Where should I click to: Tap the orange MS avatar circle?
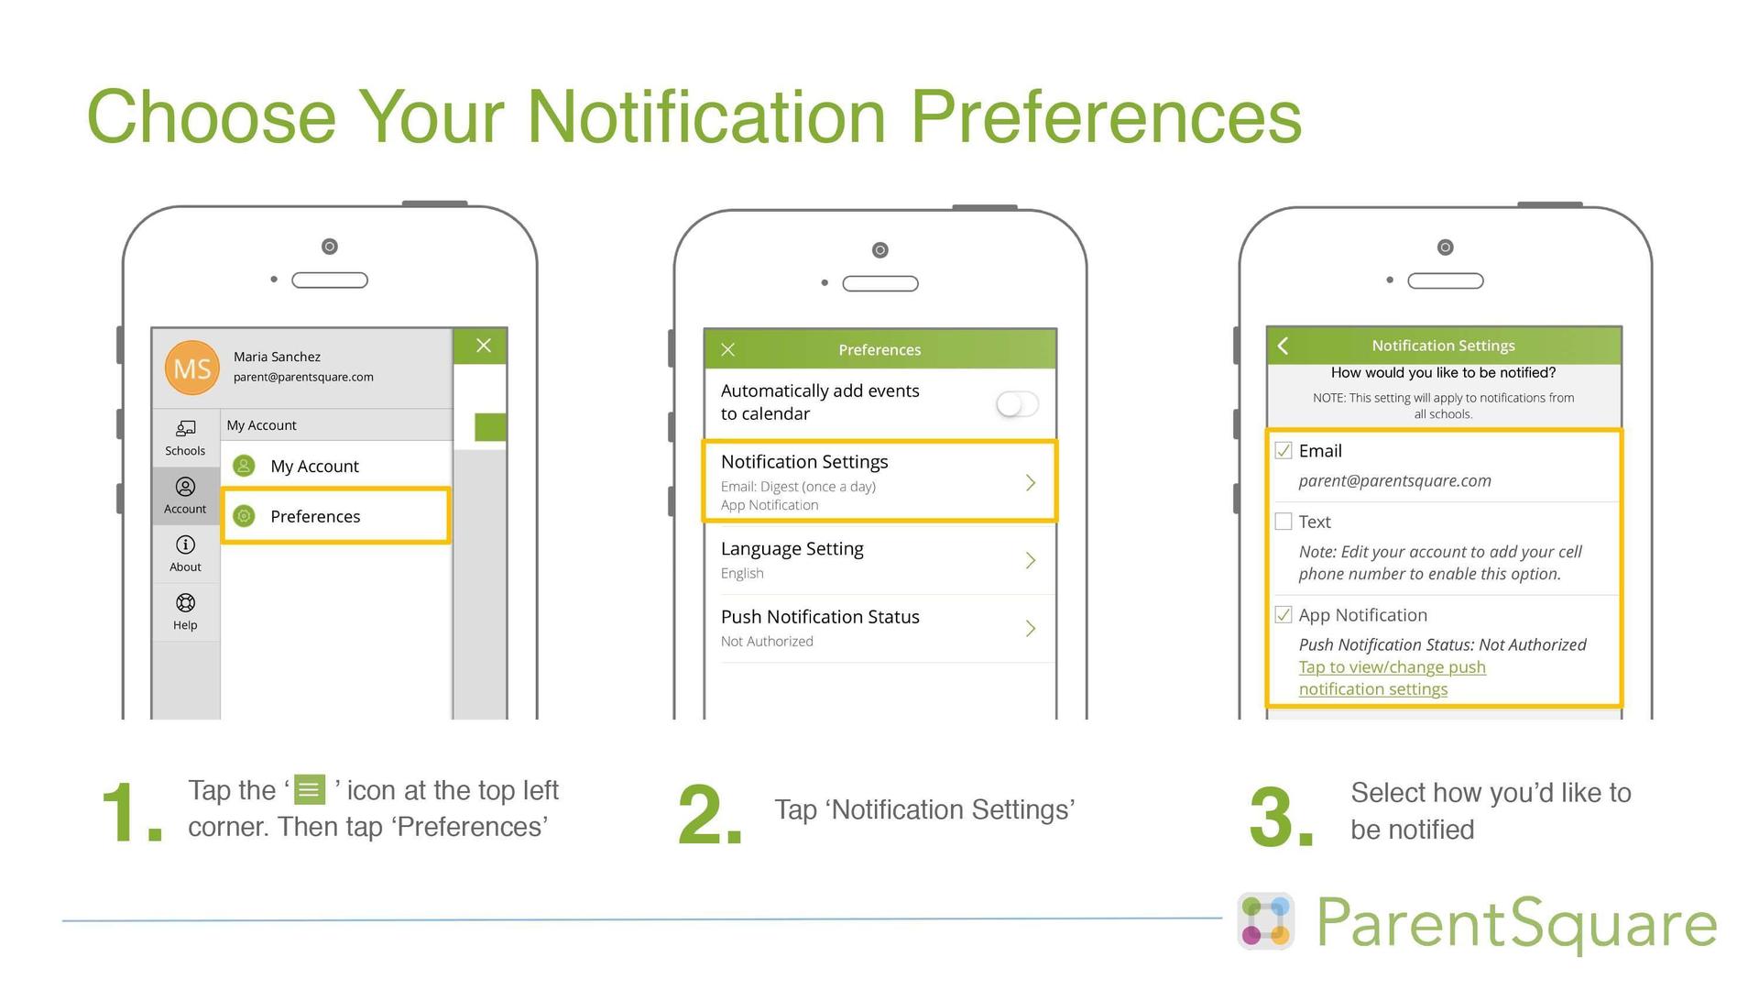(192, 368)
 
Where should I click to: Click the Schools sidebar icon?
(185, 429)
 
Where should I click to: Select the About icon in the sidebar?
(185, 544)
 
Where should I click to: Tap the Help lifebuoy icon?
(185, 603)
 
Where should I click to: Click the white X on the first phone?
(484, 346)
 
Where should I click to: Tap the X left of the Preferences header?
(728, 349)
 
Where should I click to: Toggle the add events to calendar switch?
(1017, 403)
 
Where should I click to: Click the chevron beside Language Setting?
(1031, 560)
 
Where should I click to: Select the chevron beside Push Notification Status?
(1031, 628)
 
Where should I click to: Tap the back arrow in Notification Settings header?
(1284, 346)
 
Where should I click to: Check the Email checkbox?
(1284, 450)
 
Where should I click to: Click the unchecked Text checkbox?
(1284, 522)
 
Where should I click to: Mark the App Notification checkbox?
(1284, 614)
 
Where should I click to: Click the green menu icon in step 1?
(310, 789)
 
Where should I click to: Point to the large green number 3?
(1280, 816)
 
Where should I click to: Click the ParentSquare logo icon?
(1265, 921)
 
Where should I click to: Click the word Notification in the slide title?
(706, 117)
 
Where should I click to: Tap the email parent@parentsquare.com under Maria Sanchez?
(303, 377)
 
